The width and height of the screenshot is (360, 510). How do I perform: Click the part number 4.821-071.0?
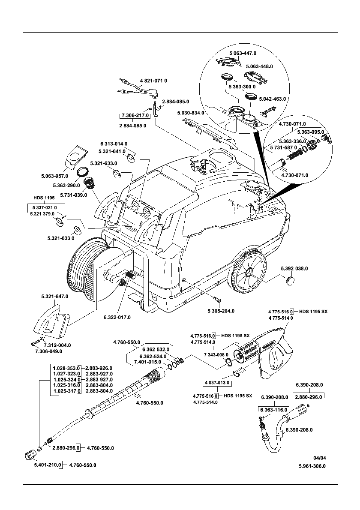[x=153, y=81]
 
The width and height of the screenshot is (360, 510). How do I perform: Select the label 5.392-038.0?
[x=294, y=268]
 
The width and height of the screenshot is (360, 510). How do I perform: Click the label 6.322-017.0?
[x=117, y=317]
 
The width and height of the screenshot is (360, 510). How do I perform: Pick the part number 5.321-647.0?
[x=54, y=296]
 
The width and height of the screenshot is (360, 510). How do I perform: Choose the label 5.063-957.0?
[x=54, y=176]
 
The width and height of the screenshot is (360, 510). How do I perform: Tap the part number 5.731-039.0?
[x=74, y=195]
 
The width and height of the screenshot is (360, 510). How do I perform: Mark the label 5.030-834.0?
[x=190, y=113]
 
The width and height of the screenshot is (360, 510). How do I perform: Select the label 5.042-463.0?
[x=273, y=99]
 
